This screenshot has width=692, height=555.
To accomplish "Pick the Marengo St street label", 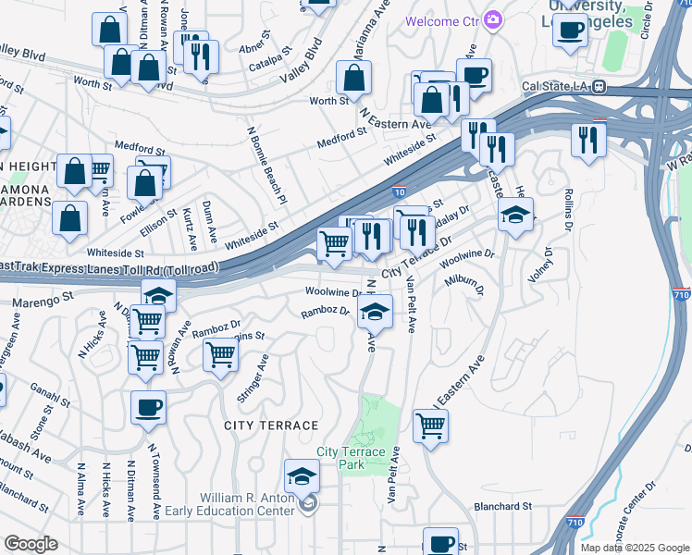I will pyautogui.click(x=42, y=301).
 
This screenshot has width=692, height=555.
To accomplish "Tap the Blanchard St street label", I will pyautogui.click(x=502, y=506).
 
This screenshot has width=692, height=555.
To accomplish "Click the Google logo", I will pyautogui.click(x=31, y=544).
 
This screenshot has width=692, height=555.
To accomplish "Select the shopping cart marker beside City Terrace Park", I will pyautogui.click(x=431, y=426).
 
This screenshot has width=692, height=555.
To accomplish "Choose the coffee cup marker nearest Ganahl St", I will pyautogui.click(x=149, y=407).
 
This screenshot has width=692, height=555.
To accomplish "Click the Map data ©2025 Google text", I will pyautogui.click(x=635, y=548).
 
